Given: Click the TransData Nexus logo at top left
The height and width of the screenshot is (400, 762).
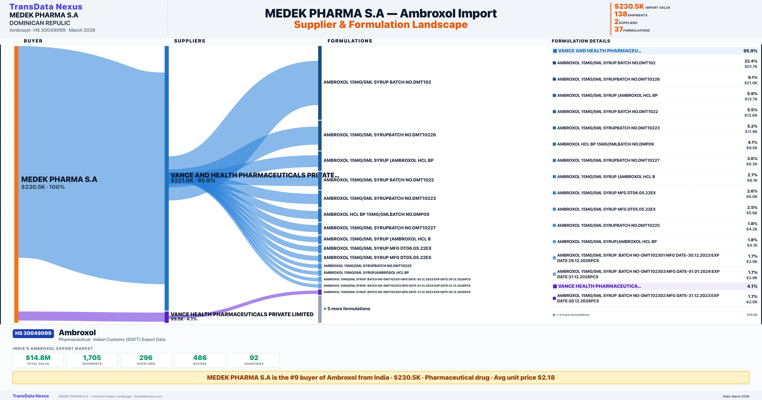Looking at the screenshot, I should coord(46,7).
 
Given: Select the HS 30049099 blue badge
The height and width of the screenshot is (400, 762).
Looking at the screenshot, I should coord(33,333).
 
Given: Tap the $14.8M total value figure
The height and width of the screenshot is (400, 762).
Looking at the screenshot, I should coord(38,358).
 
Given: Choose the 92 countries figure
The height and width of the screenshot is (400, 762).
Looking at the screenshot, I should coord(254,358).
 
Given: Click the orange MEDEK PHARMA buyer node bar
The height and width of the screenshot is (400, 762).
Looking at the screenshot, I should coord(16,183).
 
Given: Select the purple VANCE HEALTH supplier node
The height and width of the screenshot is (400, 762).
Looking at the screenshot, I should coord(167,317).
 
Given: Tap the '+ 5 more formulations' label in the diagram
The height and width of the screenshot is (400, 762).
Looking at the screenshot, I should coord(347,309).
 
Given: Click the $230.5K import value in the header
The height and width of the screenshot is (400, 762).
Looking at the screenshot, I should coord(629,6).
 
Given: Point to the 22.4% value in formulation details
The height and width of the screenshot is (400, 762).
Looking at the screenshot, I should coord(751,61).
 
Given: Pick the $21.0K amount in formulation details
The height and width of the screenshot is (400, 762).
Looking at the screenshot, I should coord(751,83).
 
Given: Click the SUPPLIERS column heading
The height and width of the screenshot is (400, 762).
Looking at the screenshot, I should coord(190,41).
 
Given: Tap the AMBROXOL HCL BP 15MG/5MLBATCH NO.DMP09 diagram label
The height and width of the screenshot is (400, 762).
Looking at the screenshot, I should coord(376,214).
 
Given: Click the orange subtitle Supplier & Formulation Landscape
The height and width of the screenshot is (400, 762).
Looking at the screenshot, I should coord(381,25).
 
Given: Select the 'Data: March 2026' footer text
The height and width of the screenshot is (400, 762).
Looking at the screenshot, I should coord(736,396).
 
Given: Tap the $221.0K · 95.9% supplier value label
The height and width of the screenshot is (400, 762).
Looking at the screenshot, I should coord(193,180).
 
